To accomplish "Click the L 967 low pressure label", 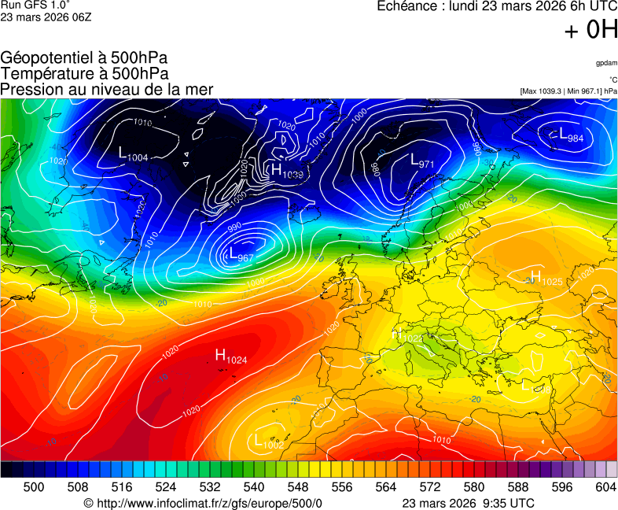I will [x=241, y=255].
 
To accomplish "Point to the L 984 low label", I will [x=571, y=136].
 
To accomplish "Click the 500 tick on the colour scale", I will [x=34, y=487].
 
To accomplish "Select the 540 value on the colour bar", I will [x=253, y=487].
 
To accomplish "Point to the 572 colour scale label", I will [x=429, y=487].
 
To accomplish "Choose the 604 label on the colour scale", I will [x=605, y=487].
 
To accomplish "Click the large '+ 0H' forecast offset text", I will [x=590, y=30].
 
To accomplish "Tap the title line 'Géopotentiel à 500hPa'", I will [x=84, y=58].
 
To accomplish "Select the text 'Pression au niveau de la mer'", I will [x=107, y=89].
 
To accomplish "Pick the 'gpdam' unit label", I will [x=605, y=63].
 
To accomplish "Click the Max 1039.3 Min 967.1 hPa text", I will [x=568, y=91].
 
